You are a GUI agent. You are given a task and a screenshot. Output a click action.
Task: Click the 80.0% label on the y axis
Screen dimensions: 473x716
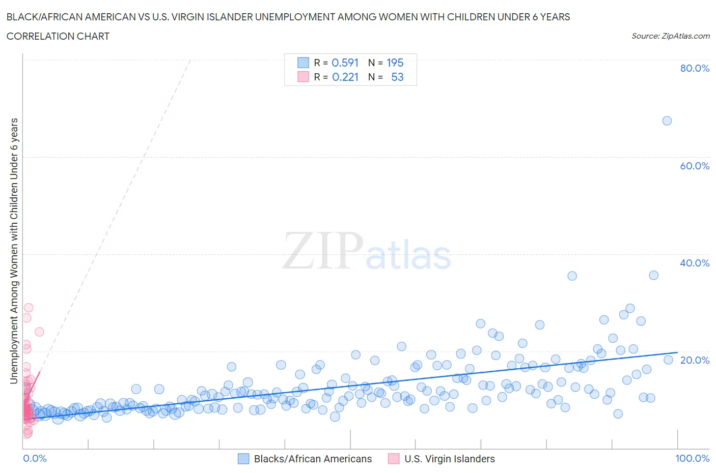pyautogui.click(x=695, y=68)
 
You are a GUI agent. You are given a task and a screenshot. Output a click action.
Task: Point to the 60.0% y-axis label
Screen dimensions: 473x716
pyautogui.click(x=695, y=166)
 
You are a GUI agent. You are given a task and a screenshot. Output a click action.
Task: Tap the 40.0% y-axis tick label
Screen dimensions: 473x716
pyautogui.click(x=695, y=263)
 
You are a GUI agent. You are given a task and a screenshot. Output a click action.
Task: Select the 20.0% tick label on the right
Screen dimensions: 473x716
pyautogui.click(x=695, y=360)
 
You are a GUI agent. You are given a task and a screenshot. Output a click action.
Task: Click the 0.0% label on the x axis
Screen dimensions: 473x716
pyautogui.click(x=35, y=458)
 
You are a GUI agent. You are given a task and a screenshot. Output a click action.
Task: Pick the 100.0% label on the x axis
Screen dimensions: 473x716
pyautogui.click(x=692, y=458)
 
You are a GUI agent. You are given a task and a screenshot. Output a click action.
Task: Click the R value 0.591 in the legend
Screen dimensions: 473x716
pyautogui.click(x=345, y=63)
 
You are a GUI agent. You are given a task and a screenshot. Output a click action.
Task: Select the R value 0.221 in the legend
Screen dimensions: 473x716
pyautogui.click(x=345, y=77)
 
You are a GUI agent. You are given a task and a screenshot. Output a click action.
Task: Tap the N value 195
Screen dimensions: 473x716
pyautogui.click(x=395, y=63)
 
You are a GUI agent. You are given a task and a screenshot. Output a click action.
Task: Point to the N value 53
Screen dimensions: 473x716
pyautogui.click(x=397, y=77)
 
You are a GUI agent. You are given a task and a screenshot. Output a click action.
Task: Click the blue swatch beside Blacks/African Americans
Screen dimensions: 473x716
pyautogui.click(x=243, y=459)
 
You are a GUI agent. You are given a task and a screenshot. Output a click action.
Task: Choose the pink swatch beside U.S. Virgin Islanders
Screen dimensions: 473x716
pyautogui.click(x=394, y=459)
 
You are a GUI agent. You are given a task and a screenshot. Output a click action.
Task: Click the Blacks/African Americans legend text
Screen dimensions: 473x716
pyautogui.click(x=313, y=459)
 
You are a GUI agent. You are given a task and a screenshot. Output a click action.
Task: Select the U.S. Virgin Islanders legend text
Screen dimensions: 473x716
pyautogui.click(x=449, y=459)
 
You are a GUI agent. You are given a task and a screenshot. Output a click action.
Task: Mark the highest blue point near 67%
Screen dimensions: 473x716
pyautogui.click(x=667, y=121)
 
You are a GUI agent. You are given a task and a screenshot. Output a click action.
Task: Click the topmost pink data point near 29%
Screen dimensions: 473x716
pyautogui.click(x=29, y=308)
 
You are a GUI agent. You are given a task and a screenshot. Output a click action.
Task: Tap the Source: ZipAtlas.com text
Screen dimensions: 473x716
pyautogui.click(x=670, y=36)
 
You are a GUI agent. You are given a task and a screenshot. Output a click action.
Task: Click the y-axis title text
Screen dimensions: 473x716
pyautogui.click(x=14, y=251)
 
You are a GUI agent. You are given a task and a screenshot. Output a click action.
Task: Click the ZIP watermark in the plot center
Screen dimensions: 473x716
pyautogui.click(x=323, y=251)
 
